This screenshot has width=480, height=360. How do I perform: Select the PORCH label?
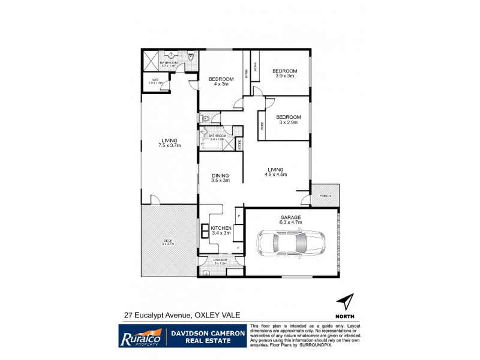(x=325, y=196)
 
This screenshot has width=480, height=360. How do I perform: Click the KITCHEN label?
(x=221, y=229)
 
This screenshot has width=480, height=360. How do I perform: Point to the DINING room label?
(x=220, y=175)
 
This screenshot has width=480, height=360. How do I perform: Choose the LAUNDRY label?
(x=220, y=260)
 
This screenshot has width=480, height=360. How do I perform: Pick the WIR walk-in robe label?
(x=154, y=80)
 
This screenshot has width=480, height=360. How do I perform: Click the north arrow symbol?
(x=345, y=301)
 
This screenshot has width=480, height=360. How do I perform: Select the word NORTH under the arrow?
(x=345, y=317)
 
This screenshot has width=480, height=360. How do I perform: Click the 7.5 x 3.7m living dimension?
(x=169, y=145)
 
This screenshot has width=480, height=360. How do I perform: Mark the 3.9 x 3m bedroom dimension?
(x=286, y=76)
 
